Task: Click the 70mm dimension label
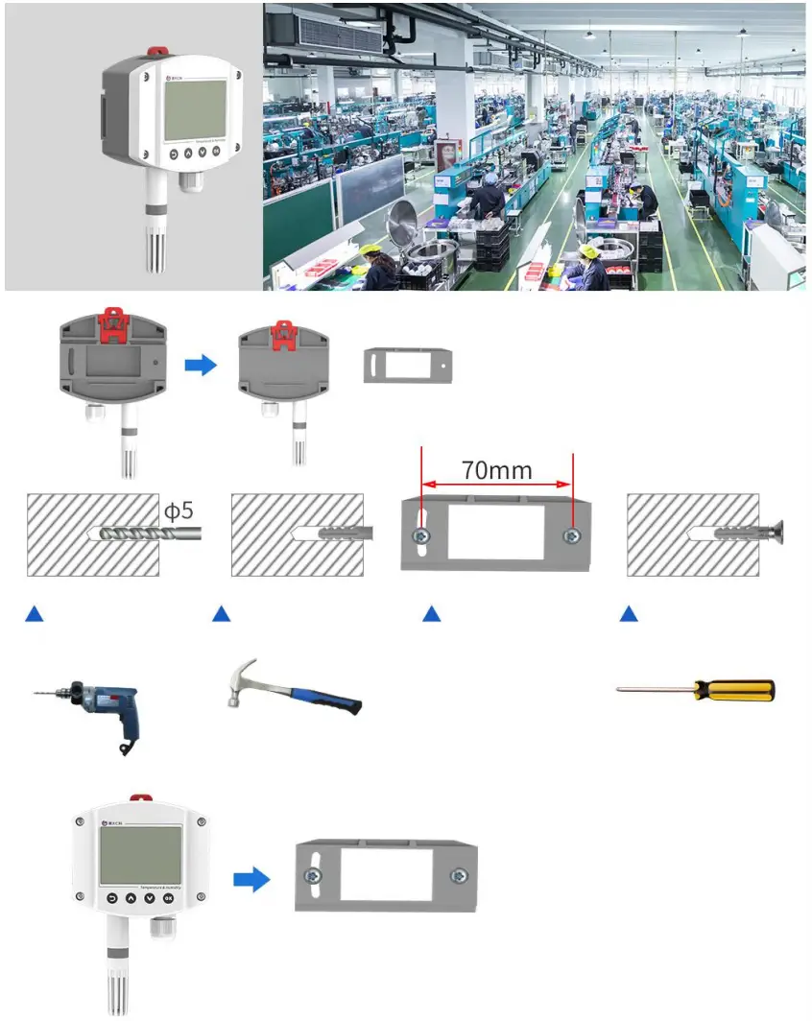(495, 470)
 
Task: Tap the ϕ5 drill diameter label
(179, 510)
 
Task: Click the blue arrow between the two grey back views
(200, 365)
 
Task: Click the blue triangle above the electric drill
(35, 612)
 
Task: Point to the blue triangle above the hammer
(221, 612)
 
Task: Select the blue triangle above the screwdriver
(629, 612)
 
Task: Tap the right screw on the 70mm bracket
(572, 534)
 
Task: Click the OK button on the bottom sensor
(169, 898)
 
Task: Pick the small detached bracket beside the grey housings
(407, 365)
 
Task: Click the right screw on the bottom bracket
(459, 876)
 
